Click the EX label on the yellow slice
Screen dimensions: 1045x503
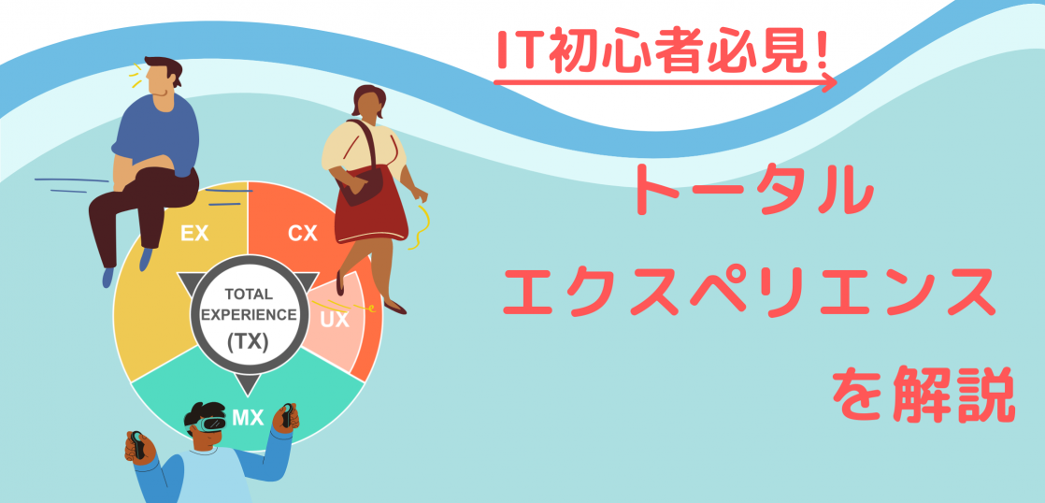point(194,234)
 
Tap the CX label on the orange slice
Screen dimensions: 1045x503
point(303,234)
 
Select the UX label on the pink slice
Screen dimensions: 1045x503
point(335,320)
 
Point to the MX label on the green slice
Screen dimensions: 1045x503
point(248,419)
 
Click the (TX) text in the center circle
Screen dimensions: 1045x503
point(248,342)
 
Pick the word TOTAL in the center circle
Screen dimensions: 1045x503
point(249,294)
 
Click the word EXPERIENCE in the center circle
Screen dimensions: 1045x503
point(248,314)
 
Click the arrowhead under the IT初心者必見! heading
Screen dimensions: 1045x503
point(830,82)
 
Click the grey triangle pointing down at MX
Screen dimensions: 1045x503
point(247,384)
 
